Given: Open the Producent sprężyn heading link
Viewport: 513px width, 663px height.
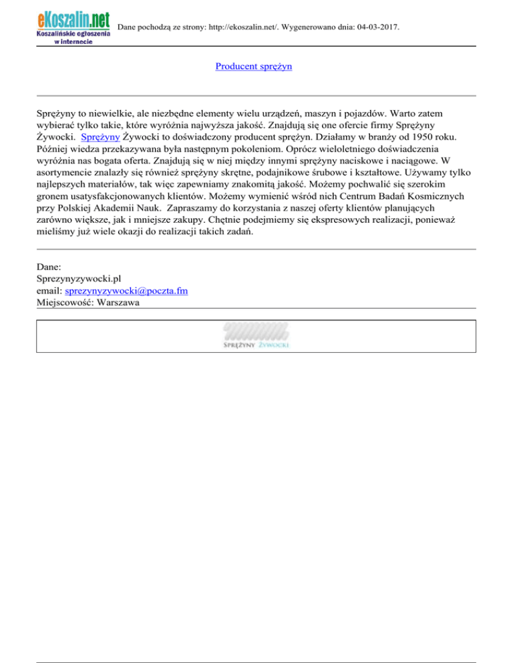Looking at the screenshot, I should point(253,67).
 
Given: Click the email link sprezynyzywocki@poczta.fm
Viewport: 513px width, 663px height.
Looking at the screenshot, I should point(131,291).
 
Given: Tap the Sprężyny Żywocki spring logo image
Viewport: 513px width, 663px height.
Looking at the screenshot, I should point(256,336).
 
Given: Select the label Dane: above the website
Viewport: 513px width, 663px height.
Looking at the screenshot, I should point(49,267).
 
